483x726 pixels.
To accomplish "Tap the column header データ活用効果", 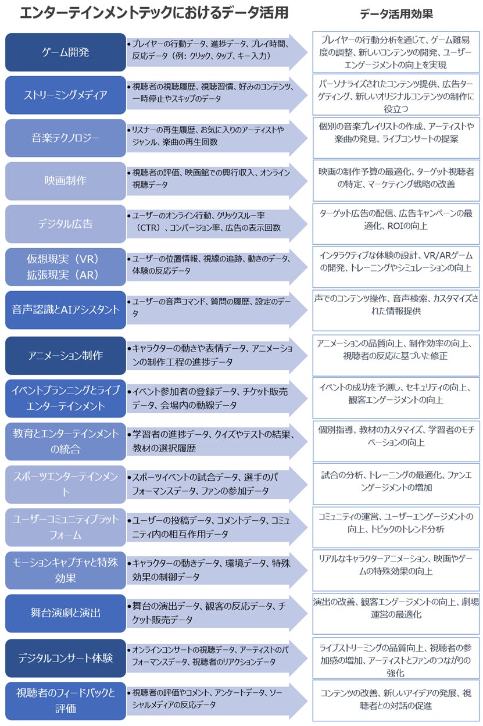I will coord(396,14).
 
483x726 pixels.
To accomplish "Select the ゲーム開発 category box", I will coord(66,52).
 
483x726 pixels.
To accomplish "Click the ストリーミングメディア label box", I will coord(66,95).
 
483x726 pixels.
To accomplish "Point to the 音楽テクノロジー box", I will coord(66,138).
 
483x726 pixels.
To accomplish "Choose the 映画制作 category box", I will coord(66,181).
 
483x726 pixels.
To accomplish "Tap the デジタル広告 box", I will coord(66,224).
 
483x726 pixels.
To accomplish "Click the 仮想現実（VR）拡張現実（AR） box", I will coord(66,267).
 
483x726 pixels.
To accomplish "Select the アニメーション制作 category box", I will coord(66,355).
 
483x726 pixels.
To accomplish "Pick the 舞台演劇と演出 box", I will coord(66,613).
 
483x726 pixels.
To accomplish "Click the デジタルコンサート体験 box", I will coord(66,658).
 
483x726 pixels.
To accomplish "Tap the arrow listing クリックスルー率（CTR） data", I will coord(215,224).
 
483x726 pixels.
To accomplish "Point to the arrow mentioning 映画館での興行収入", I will coord(215,181).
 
